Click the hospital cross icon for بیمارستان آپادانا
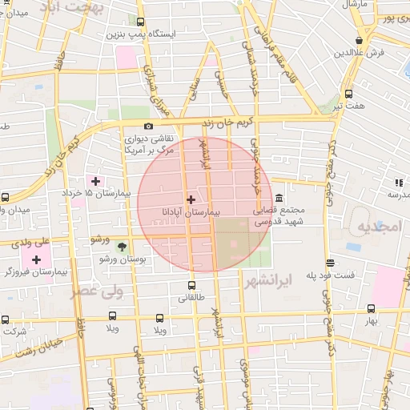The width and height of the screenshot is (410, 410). point(191,199)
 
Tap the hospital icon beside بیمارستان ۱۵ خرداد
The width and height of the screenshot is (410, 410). point(97,181)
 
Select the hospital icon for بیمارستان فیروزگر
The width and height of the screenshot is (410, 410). point(37,259)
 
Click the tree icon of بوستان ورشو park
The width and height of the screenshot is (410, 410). point(122,247)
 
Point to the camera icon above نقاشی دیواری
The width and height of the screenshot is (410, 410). point(147,127)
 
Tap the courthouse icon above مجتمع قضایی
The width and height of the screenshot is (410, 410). point(278,198)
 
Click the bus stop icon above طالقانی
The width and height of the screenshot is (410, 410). point(191,285)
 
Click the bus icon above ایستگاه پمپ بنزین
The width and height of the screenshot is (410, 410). point(141,23)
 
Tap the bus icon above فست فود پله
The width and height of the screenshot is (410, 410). point(330,263)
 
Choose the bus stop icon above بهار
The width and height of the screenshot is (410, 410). point(370,307)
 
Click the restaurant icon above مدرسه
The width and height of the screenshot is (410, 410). point(398,183)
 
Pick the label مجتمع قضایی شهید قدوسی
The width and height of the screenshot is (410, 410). point(273,216)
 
